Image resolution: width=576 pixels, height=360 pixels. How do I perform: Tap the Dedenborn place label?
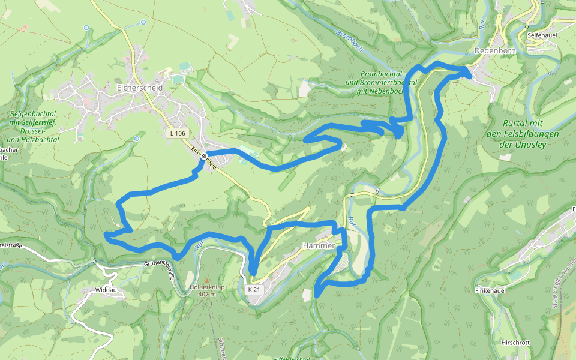click(x=494, y=51)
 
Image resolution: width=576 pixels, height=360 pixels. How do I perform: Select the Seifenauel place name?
click(x=544, y=36)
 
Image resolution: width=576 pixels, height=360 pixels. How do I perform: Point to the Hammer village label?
click(x=319, y=246)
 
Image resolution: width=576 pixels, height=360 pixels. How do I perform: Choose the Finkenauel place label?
click(x=492, y=290)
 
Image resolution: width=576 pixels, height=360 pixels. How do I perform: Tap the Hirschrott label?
click(x=515, y=343)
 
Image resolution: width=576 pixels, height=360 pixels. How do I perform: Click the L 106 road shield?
click(x=178, y=133)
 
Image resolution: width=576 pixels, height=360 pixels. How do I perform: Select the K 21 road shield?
click(x=254, y=289)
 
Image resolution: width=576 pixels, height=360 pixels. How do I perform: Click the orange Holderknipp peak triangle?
click(x=207, y=280)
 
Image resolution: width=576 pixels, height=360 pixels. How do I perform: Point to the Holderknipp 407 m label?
click(x=207, y=290)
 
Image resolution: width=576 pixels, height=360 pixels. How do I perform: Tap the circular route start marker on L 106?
click(x=205, y=156)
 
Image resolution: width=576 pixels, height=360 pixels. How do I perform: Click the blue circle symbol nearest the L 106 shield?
click(x=136, y=139)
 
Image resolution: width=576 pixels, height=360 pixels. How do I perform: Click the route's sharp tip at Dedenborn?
click(x=469, y=71)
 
